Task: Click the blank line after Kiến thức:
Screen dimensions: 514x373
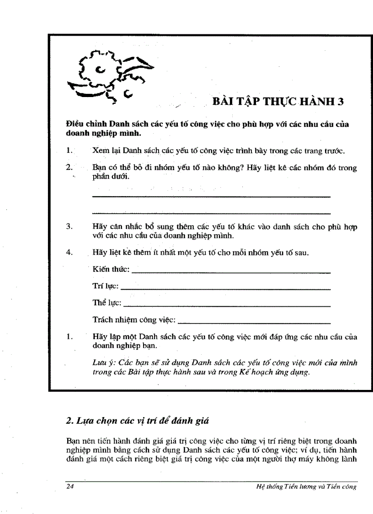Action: tap(231, 272)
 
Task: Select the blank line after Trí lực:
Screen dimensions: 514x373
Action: tap(226, 289)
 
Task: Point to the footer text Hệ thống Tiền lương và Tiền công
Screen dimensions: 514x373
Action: tap(307, 487)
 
